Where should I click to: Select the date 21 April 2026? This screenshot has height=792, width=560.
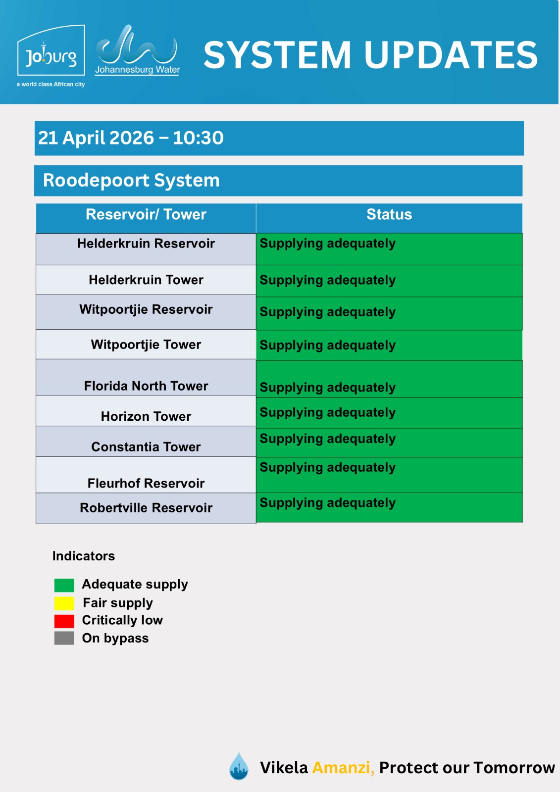coord(96,138)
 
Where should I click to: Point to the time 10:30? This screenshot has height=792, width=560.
coord(198,138)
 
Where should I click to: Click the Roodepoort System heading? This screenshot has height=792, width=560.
coord(131,181)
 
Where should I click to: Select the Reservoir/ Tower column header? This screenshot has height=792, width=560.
coord(146,215)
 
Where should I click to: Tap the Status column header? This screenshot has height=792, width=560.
coord(389,215)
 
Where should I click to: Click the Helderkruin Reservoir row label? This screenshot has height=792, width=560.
coord(146,244)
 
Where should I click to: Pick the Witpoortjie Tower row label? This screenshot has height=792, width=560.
coord(146,345)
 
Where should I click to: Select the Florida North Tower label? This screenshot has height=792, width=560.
coord(146,386)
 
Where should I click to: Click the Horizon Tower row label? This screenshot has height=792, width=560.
coord(146,416)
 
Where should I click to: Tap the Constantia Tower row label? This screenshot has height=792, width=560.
coord(146,447)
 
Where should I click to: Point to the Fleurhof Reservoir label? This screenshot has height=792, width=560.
coord(146,484)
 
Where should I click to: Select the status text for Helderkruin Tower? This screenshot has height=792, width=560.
coord(328,280)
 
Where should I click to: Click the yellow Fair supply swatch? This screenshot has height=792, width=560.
coord(64,603)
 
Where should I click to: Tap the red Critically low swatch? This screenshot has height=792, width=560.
coord(64,621)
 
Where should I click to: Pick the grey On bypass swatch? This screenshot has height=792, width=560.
coord(64,638)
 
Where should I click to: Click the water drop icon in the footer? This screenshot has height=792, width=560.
coord(239,767)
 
